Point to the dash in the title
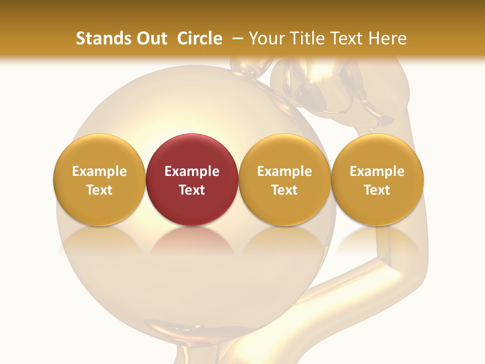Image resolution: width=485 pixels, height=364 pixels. coord(235,38)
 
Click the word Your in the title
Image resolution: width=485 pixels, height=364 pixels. coord(267,38)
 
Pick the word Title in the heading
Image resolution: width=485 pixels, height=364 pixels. coord(307,38)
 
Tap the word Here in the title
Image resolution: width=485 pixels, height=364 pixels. coord(388,38)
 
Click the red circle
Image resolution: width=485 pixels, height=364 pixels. coord(192,152)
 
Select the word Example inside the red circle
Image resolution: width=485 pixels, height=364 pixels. coord(192,171)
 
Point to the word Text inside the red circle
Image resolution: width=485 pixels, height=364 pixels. coord(192,190)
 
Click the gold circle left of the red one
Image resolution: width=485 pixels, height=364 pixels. coord(100,152)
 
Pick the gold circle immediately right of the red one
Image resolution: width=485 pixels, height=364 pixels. coord(284,152)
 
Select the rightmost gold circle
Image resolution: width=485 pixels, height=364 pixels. coord(377,152)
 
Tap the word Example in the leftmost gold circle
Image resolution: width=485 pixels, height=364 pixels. coord(100,171)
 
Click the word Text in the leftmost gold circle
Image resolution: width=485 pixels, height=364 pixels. coord(100,190)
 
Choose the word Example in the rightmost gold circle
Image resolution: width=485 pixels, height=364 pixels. coord(377,171)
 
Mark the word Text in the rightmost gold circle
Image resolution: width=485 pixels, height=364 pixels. coord(377,190)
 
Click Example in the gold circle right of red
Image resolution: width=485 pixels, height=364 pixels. coord(284,171)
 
